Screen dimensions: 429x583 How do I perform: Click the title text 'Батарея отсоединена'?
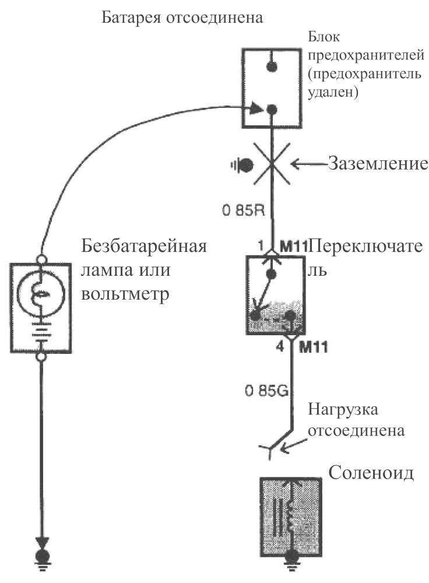pos(182,17)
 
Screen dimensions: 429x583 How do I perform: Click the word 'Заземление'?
pos(378,164)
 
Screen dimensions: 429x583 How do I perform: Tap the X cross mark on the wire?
pos(272,164)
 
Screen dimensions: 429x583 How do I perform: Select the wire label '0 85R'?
pos(244,211)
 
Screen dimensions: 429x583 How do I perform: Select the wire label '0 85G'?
pos(267,391)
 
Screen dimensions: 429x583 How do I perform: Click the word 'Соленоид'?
pos(371,473)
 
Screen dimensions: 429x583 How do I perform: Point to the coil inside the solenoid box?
pos(290,516)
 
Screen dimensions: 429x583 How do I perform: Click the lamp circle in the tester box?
pos(41,294)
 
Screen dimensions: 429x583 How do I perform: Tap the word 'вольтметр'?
pos(125,294)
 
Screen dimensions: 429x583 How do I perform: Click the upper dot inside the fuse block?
pos(272,66)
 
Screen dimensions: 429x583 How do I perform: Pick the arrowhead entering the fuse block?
pos(256,110)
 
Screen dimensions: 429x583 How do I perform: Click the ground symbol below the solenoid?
pos(290,565)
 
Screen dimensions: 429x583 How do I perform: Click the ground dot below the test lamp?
pos(42,557)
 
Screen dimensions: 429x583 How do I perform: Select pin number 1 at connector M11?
pos(261,246)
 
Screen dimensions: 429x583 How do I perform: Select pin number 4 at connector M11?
pos(281,347)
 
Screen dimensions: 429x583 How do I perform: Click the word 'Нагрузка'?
pos(343,409)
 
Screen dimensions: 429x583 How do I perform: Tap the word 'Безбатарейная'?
pos(144,246)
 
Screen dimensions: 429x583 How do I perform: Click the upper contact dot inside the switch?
pos(272,275)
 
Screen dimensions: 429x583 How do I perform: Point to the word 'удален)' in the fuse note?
pos(333,92)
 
